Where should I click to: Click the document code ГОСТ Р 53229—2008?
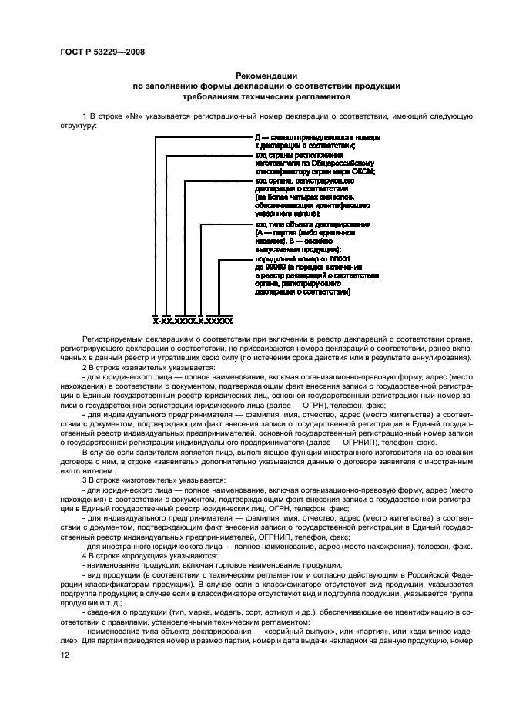tap(102, 52)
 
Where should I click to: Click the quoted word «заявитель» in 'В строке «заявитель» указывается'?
tap(142, 368)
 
